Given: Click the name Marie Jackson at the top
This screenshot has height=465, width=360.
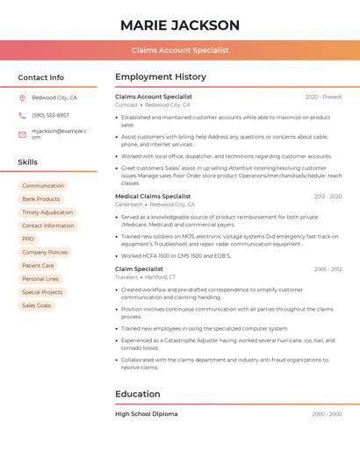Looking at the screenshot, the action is tap(180, 25).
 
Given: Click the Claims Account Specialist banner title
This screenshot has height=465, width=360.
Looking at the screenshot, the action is tap(180, 50).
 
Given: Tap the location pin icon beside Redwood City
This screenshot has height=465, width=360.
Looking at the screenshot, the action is tap(22, 98).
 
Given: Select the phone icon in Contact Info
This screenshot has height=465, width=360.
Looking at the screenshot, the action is tap(22, 115).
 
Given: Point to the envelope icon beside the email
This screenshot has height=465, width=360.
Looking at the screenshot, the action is tap(22, 134).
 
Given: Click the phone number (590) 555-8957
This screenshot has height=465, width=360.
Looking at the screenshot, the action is tap(50, 115).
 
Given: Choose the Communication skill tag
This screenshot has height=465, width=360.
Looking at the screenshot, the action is tap(43, 186).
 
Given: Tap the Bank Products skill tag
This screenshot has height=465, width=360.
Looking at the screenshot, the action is tap(41, 199).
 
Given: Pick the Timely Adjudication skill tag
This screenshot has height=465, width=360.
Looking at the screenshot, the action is tap(47, 212).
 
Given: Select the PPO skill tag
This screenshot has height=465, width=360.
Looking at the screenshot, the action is tap(28, 239).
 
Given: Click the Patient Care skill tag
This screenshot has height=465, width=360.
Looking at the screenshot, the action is tap(38, 265).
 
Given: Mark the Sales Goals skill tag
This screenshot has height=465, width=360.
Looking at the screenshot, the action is tap(37, 305).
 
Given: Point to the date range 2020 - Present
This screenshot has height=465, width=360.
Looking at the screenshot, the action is tap(323, 97).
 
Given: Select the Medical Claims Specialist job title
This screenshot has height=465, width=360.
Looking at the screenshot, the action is tap(153, 197).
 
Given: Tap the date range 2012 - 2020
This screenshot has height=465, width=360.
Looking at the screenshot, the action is tap(328, 197).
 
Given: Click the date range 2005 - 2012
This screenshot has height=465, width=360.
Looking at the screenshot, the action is tap(328, 268).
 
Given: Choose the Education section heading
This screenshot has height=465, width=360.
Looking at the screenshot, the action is tap(138, 394).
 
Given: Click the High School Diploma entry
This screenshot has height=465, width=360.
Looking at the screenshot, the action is tap(147, 413).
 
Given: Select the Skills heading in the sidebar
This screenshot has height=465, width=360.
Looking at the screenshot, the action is tap(28, 162).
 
